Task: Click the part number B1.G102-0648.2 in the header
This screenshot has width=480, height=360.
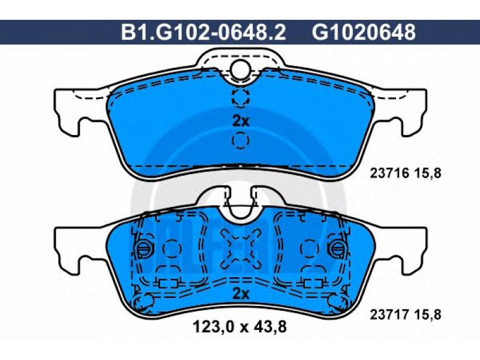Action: click(203, 32)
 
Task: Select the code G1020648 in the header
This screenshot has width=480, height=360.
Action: click(364, 32)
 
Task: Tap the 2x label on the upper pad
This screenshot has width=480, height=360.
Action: click(241, 122)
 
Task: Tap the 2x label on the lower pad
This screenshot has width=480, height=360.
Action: click(241, 294)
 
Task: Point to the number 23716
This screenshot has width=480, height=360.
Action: click(389, 174)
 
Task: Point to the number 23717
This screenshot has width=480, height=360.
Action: click(389, 314)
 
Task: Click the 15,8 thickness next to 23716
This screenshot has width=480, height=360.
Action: click(428, 174)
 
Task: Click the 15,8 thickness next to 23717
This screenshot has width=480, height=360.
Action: click(428, 314)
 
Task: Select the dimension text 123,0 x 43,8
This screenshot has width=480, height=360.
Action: click(239, 327)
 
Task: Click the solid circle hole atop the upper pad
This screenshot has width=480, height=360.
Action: click(241, 69)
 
